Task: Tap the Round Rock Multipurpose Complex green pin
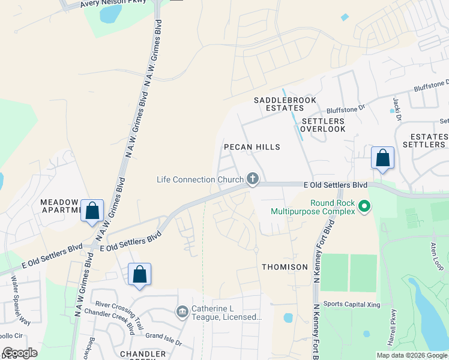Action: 364,207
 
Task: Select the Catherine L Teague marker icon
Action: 182,313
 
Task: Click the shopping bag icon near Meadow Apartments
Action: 92,211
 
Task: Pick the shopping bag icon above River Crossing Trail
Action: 139,275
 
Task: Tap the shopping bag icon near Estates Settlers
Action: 383,158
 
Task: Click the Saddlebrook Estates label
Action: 285,104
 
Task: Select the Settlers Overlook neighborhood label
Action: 323,125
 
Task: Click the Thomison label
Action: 285,266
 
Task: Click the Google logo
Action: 20,353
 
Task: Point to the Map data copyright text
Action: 411,355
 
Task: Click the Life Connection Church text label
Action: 200,179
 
